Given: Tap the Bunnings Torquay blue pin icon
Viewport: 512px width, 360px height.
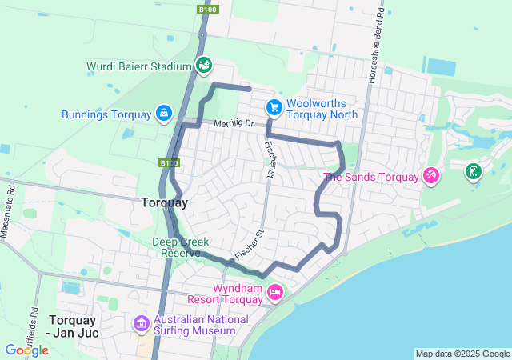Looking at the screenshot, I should [163, 114].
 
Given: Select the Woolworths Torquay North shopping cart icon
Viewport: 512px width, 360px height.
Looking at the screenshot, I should [274, 106].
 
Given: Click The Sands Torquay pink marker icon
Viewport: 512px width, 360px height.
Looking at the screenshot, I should [430, 174].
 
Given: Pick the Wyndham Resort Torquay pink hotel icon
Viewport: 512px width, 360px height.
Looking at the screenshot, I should [274, 292].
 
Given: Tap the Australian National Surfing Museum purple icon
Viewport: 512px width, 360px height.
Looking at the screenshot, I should [142, 323].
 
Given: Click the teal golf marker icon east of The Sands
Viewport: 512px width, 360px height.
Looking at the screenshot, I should [474, 170].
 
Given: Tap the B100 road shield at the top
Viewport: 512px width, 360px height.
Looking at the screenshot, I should [206, 9].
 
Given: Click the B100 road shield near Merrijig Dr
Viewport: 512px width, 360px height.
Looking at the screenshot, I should [168, 163].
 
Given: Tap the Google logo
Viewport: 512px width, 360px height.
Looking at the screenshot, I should [26, 350].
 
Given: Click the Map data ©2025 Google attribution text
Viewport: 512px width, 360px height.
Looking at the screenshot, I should [462, 354].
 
